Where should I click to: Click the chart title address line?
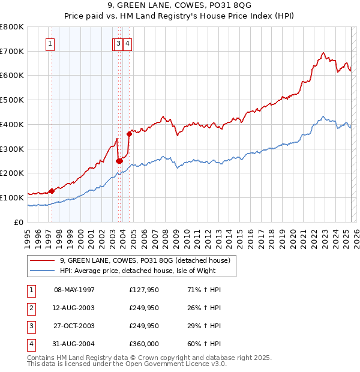(179, 5)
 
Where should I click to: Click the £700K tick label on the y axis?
(12, 51)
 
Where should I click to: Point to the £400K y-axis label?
(12, 124)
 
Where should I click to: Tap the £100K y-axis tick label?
(12, 197)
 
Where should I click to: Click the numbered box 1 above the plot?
(50, 43)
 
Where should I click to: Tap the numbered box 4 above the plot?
(128, 43)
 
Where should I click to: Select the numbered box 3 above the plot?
(119, 43)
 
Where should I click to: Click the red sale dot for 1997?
(52, 191)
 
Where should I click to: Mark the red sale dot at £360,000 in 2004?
(129, 134)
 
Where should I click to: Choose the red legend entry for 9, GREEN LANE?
(145, 261)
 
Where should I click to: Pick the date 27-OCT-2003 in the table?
(74, 326)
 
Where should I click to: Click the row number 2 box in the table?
(29, 308)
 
